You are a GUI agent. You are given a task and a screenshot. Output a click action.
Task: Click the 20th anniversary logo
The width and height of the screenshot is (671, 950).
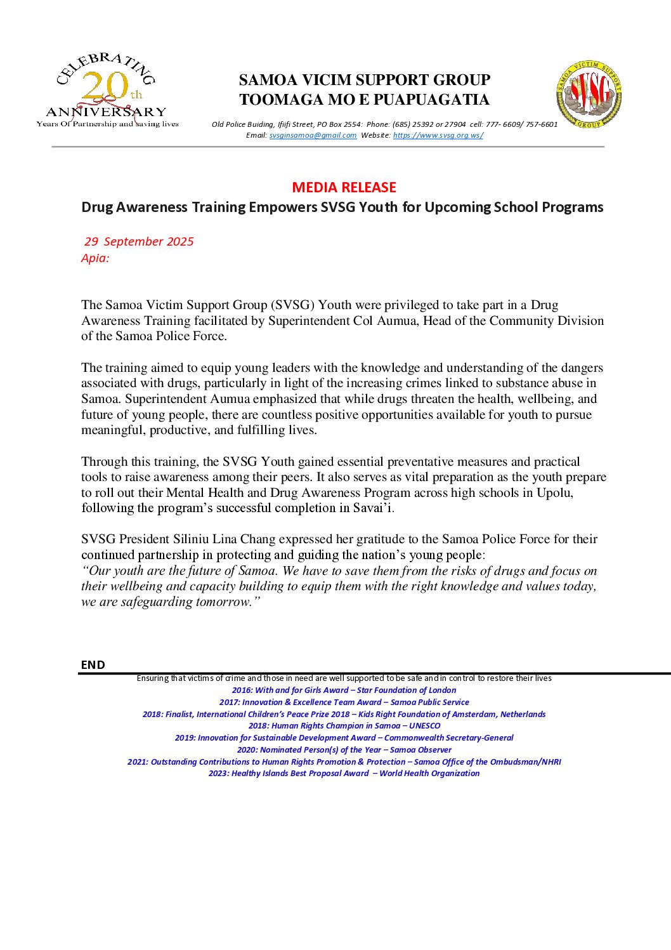107,90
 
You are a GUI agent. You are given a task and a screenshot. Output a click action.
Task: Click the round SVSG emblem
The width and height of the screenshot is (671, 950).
589,94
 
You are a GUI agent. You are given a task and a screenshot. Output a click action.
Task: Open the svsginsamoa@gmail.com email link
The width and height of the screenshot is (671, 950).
313,135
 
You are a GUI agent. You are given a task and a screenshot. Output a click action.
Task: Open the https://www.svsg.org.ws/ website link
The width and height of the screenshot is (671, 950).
438,135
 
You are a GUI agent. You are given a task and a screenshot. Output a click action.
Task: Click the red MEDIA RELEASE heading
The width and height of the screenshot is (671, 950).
344,187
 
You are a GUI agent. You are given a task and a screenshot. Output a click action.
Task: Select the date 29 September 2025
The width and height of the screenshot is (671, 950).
139,242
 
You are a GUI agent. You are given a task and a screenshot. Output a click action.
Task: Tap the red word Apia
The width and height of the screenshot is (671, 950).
94,258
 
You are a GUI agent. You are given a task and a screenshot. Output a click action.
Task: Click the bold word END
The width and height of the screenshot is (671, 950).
93,664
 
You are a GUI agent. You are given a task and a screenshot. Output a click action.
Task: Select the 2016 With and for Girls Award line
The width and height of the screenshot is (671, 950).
344,690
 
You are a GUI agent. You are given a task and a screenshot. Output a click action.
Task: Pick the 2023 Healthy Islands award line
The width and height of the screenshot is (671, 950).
344,773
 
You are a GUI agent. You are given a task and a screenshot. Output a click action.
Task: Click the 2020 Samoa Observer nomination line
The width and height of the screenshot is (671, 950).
344,749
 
